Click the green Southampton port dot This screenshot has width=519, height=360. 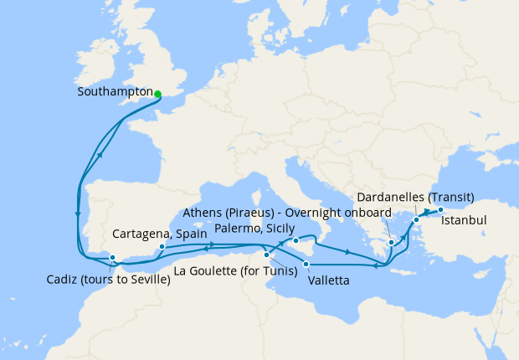click(157, 93)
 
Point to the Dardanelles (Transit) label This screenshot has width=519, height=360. click(415, 198)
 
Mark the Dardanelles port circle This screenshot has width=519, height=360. click(416, 220)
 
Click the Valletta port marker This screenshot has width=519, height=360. click(306, 265)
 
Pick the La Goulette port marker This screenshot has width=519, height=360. click(266, 255)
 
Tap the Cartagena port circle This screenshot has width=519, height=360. click(162, 248)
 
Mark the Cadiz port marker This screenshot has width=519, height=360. click(112, 257)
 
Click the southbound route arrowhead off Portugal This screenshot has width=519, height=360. click(78, 214)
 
